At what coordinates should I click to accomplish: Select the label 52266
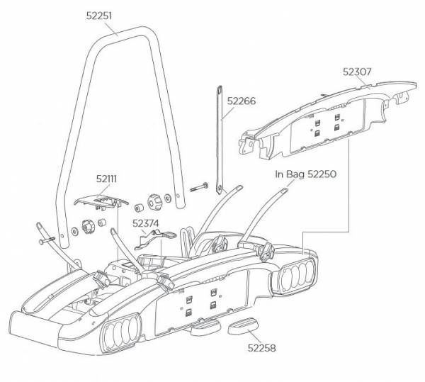point(242,101)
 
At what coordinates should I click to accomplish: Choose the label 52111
point(108,180)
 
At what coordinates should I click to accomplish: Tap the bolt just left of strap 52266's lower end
point(198,187)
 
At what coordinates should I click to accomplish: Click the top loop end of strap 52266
point(217,89)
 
